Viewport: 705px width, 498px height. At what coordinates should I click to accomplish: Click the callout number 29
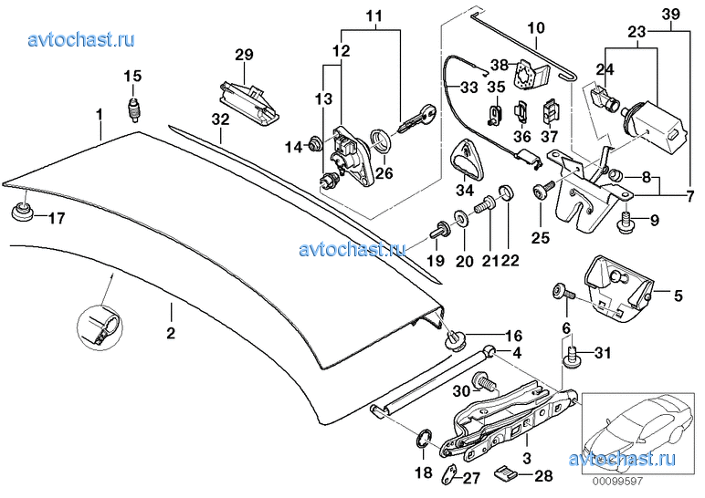point(243,56)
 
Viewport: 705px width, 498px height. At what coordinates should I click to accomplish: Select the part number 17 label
point(57,218)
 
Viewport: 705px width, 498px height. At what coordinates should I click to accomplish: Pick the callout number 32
point(221,119)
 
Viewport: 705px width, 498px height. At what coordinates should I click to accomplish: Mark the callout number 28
point(542,476)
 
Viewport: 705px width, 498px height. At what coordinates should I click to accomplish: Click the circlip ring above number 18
point(424,441)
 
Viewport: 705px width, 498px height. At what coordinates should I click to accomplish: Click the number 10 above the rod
point(535,28)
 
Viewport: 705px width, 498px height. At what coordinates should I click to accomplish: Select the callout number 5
point(678,296)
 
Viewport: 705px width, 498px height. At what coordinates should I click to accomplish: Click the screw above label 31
point(573,355)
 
